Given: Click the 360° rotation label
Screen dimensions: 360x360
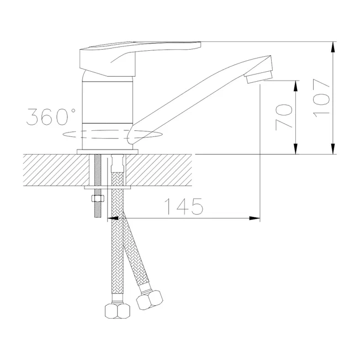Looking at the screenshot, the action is (51, 117).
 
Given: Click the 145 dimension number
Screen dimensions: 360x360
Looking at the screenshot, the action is (184, 206).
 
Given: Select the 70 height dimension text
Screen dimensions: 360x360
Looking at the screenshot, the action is (284, 117).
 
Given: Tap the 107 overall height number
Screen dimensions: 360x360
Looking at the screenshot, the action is (321, 98).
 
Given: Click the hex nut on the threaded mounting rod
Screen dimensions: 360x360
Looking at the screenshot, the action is (98, 198).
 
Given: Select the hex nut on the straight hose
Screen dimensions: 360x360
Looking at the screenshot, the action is (117, 311).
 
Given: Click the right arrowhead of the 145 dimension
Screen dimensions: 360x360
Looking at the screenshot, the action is (255, 218).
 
